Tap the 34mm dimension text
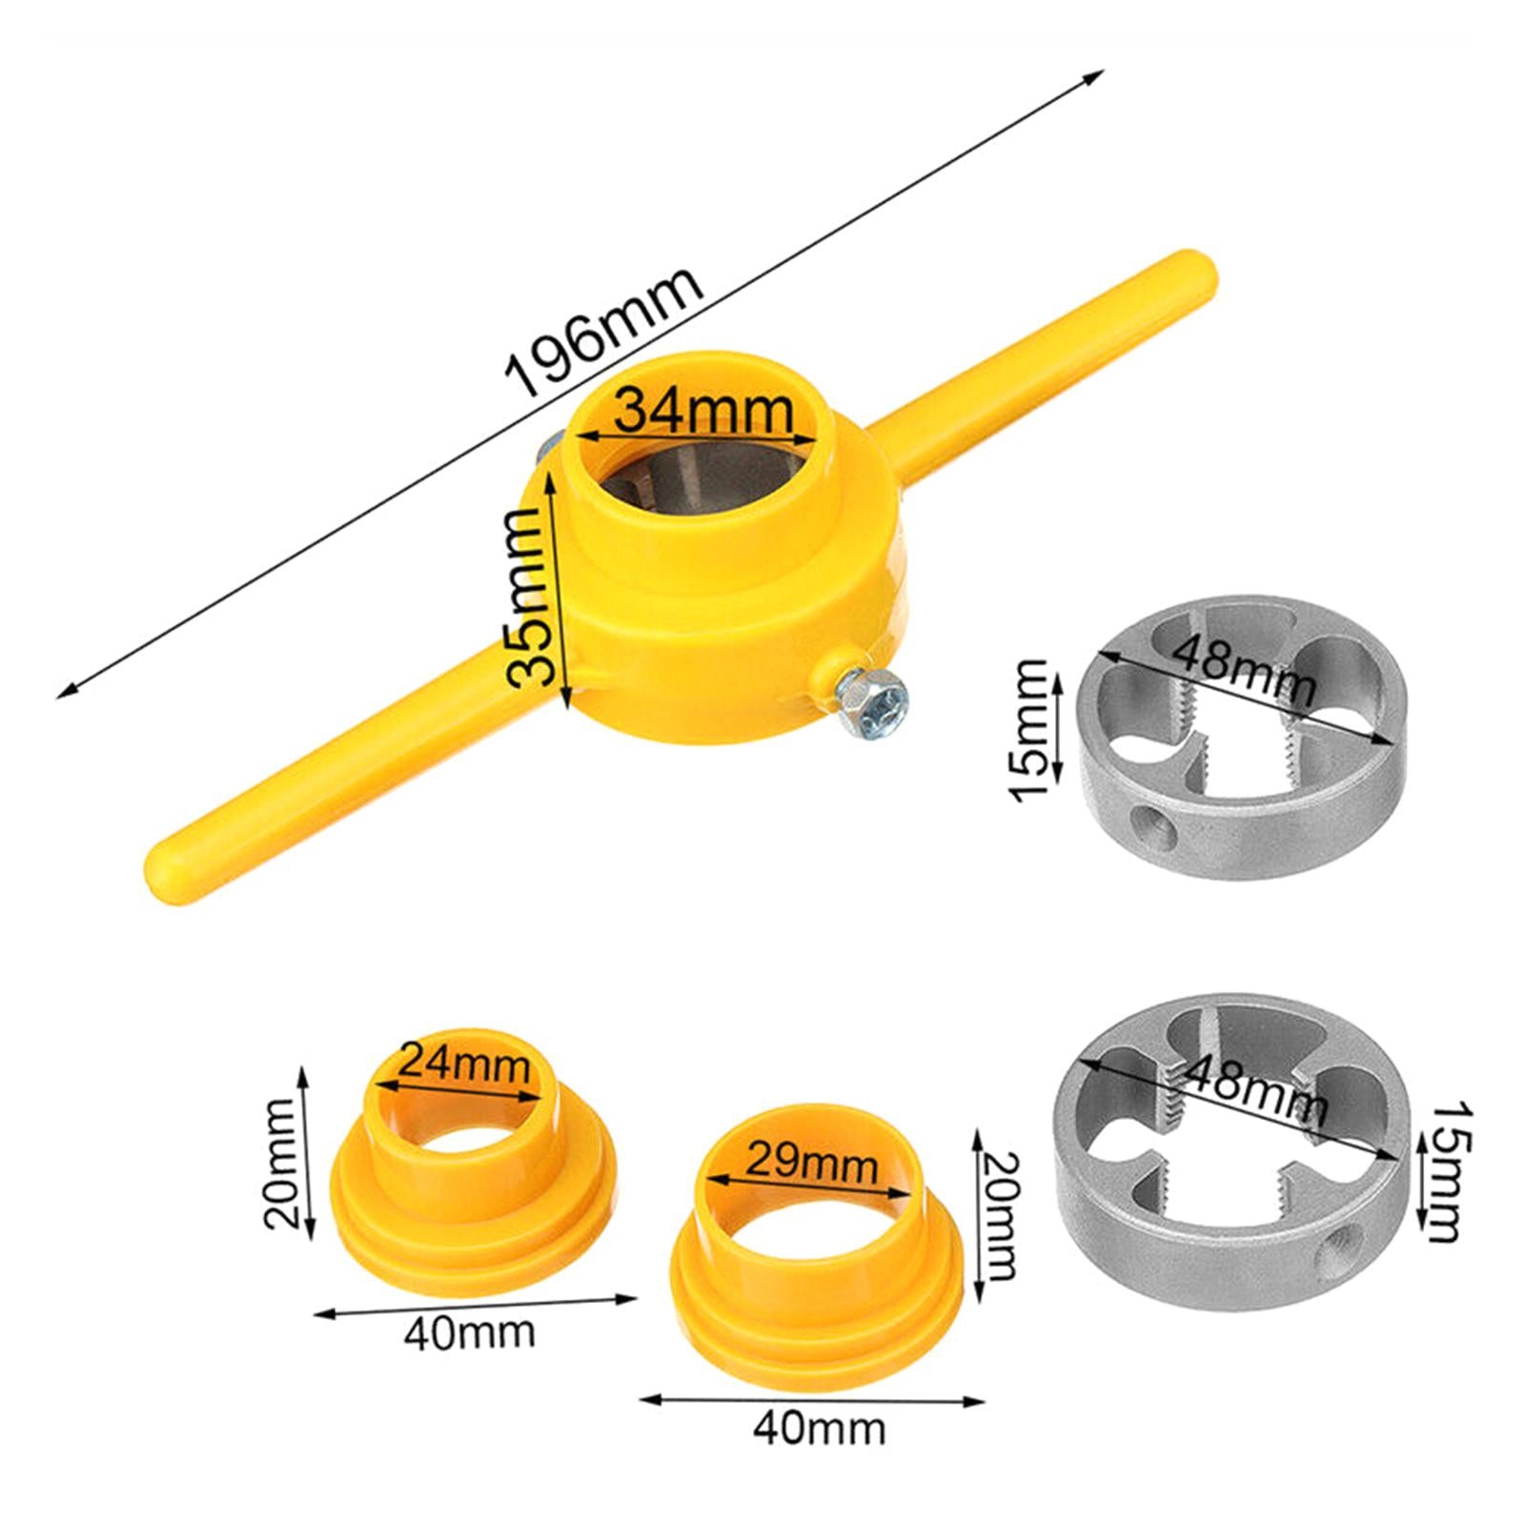[x=703, y=411]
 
